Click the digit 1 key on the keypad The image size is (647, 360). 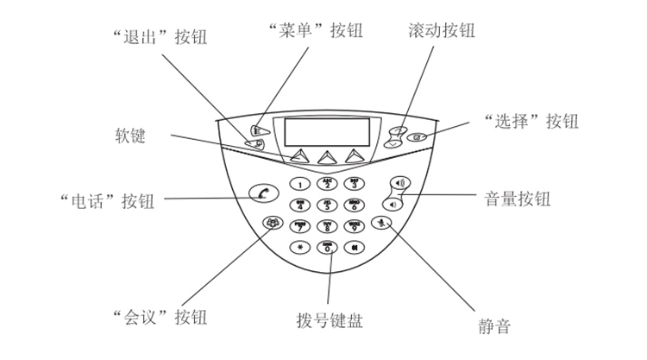coord(299,184)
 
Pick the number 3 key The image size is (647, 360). coord(354,184)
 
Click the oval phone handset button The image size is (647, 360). coord(261,193)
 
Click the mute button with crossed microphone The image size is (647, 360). coord(386,224)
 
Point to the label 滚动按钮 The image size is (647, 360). coord(440,31)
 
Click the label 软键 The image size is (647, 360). coord(130,135)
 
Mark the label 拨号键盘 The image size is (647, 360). coord(329,321)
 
